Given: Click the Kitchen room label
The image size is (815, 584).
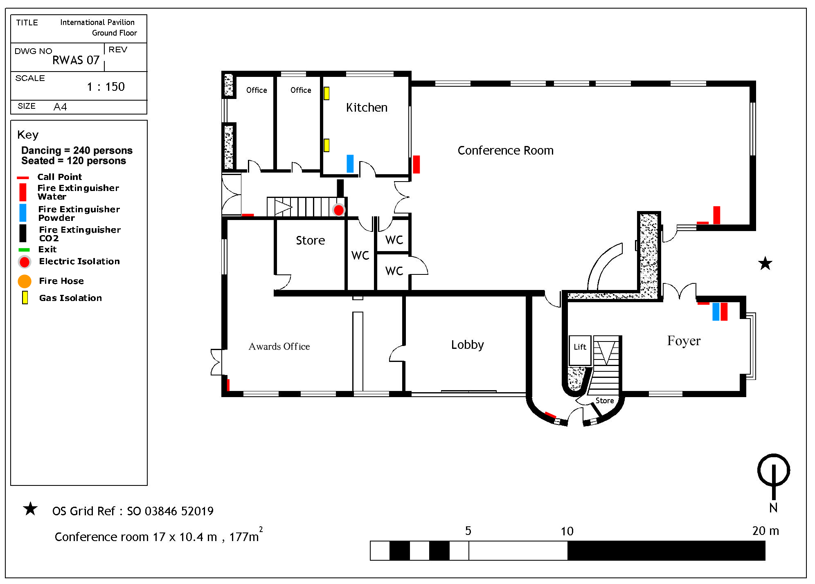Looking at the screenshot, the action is (x=367, y=108).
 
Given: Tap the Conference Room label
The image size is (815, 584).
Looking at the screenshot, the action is (x=505, y=150).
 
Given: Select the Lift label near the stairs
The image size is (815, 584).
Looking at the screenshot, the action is (x=580, y=347).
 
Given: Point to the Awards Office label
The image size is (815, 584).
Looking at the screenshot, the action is (x=279, y=346).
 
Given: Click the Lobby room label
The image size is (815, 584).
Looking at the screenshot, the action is (x=467, y=345).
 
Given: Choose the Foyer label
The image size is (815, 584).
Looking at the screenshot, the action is (x=684, y=341).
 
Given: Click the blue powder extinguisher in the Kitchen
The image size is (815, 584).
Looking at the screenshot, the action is (x=350, y=164).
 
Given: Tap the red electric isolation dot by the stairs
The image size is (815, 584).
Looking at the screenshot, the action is (x=338, y=210).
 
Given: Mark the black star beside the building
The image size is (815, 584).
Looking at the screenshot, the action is (x=765, y=263).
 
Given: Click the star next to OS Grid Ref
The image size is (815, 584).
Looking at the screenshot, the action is (x=30, y=509).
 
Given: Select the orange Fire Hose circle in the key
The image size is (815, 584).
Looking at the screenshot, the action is (x=25, y=281).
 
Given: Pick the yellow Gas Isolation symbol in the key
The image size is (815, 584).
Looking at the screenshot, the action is (x=25, y=297).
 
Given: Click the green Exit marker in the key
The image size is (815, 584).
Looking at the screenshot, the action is (x=24, y=249).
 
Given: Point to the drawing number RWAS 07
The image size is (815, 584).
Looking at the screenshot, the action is (x=76, y=60).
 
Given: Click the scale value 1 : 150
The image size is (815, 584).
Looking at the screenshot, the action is (x=106, y=87).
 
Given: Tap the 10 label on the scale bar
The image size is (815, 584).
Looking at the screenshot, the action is (x=567, y=531).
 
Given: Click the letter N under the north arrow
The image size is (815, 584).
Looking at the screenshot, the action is (x=773, y=508).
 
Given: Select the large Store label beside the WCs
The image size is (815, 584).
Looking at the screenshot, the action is (x=310, y=240).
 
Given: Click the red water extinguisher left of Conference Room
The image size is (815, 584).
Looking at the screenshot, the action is (x=416, y=164).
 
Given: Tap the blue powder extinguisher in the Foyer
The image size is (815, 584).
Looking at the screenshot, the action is (x=716, y=312).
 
